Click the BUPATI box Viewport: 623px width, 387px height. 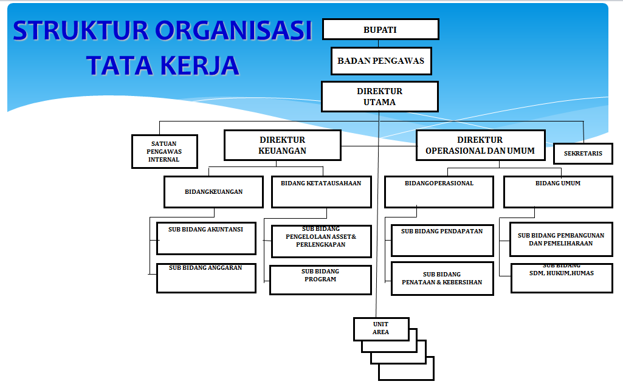(380, 29)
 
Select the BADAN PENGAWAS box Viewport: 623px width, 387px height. (381, 61)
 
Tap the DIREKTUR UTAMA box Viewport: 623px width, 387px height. (379, 97)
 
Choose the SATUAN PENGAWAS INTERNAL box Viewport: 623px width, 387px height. (165, 151)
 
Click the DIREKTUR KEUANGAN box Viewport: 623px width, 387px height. (283, 145)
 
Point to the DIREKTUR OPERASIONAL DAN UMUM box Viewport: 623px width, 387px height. (480, 145)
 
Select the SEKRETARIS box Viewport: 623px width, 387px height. (583, 153)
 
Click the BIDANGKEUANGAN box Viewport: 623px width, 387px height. (213, 192)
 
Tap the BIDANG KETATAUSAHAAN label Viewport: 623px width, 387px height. (321, 183)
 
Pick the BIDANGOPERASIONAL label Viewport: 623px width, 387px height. (439, 183)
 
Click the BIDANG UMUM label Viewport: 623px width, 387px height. (558, 183)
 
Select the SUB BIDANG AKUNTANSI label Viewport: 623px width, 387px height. (205, 229)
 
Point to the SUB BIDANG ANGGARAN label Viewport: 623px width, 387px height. (205, 268)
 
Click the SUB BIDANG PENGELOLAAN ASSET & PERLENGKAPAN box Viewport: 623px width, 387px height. (321, 241)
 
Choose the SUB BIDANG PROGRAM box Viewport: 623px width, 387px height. (320, 280)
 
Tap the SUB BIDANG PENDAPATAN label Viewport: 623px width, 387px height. (442, 231)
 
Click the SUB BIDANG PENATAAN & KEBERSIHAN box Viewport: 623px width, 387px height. (442, 278)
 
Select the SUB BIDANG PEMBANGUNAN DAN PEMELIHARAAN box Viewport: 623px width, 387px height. (561, 239)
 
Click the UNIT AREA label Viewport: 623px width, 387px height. (380, 328)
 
